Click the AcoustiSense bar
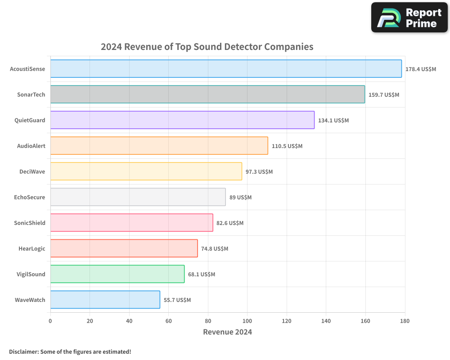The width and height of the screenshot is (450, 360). click(x=226, y=69)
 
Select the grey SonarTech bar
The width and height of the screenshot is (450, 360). click(x=207, y=94)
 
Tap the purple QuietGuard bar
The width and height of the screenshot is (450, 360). click(x=182, y=120)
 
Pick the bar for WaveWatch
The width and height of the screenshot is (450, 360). click(x=105, y=300)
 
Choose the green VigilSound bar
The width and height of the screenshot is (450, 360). click(x=117, y=274)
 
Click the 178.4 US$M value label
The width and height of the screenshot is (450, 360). click(x=421, y=69)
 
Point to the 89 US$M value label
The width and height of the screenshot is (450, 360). click(x=240, y=198)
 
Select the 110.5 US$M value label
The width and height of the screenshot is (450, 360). click(x=287, y=146)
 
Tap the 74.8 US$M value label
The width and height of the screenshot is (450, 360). click(x=215, y=249)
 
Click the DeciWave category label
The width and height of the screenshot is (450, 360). click(x=32, y=171)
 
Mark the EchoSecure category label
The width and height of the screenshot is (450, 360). click(x=30, y=197)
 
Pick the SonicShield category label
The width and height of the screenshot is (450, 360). click(x=30, y=223)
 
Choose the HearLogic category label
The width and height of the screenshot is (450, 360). click(x=31, y=248)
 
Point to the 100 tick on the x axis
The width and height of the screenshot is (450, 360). click(x=247, y=321)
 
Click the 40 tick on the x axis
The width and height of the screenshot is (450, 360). click(x=129, y=321)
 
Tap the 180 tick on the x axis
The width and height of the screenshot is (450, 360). click(x=405, y=321)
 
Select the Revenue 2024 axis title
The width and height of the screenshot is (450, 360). click(x=227, y=332)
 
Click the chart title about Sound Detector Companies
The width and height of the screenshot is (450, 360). click(x=207, y=47)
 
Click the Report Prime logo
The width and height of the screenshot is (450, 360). click(x=409, y=18)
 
